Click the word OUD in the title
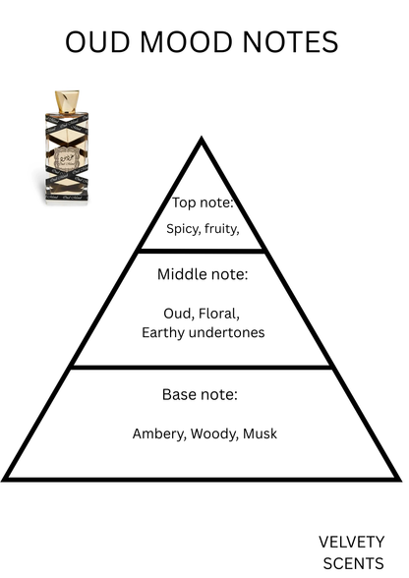97,41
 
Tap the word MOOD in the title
186,41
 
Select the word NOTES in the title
290,41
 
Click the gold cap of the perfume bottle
67,101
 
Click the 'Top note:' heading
203,202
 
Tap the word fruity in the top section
221,229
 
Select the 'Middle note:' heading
203,274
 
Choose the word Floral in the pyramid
219,314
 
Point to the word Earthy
163,333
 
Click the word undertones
226,332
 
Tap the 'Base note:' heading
200,394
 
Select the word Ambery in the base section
159,433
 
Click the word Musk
260,433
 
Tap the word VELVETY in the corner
351,543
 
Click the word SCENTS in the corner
353,564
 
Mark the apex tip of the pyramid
202,138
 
